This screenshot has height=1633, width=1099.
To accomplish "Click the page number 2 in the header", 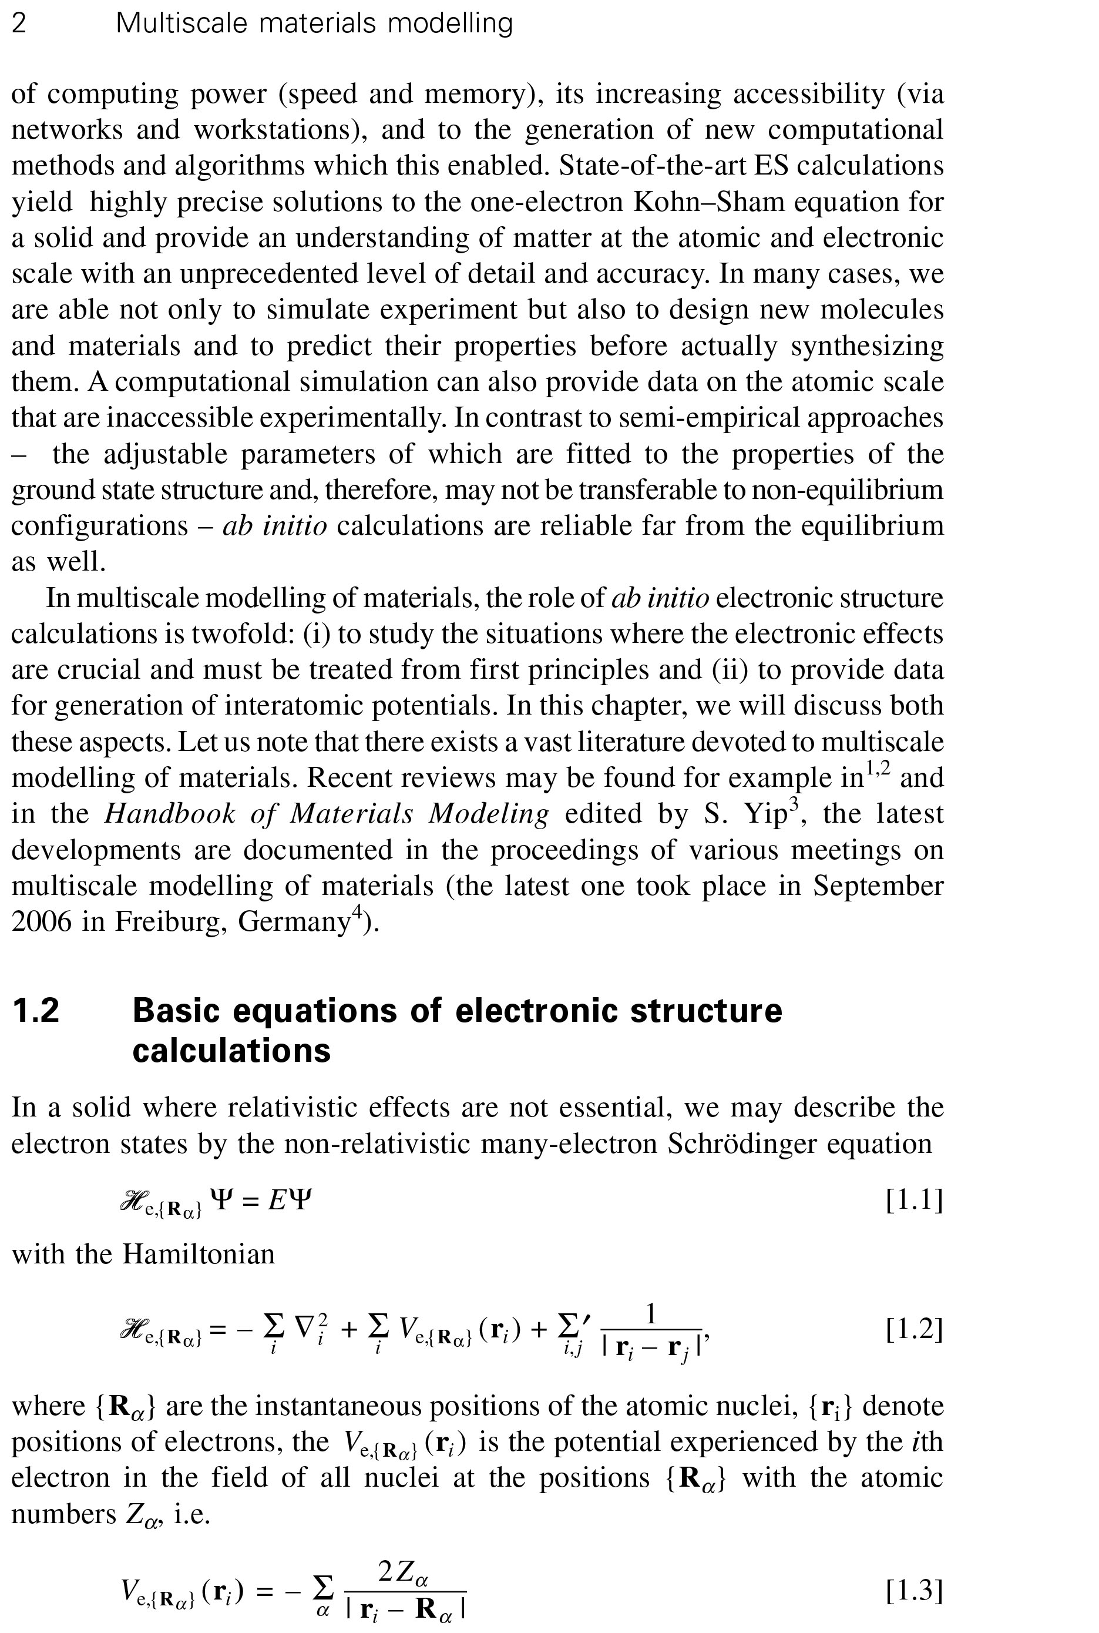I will (x=19, y=24).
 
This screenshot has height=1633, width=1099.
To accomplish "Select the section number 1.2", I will (x=36, y=1010).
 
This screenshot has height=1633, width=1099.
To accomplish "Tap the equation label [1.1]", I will (x=914, y=1201).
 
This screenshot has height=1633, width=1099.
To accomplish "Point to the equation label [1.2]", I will (x=914, y=1329).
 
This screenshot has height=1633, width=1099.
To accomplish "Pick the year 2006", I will (x=41, y=921).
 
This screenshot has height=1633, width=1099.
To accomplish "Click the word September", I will (x=878, y=886).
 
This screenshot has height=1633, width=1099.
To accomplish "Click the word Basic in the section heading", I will (x=177, y=1010).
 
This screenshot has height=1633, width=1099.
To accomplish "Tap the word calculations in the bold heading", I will (x=231, y=1050).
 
